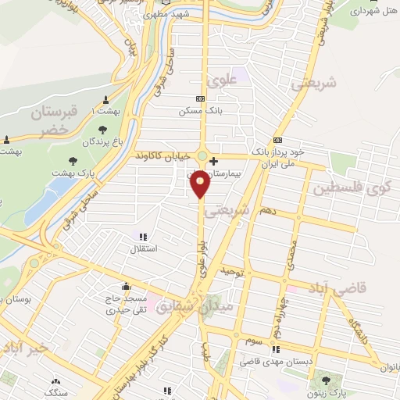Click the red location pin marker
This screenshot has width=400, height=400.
201,184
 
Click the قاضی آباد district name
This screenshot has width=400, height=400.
361,289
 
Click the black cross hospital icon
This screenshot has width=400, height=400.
213,160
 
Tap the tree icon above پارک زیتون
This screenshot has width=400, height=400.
325,381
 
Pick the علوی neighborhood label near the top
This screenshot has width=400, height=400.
220,80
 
